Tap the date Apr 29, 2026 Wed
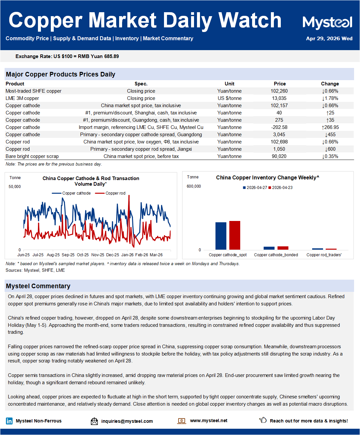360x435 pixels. pos(329,39)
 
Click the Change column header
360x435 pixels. pos(330,84)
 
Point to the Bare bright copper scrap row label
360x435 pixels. pos(32,156)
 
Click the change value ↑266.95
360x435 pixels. pos(330,127)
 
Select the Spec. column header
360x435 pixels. pos(141,84)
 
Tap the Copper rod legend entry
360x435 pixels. pos(110,193)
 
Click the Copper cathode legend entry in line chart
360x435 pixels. pos(71,193)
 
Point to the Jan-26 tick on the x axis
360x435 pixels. pos(127,255)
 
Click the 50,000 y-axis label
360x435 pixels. pos(15,186)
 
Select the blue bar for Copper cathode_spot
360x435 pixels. pos(221,236)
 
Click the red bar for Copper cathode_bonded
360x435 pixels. pos(283,248)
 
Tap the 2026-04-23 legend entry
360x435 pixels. pos(280,188)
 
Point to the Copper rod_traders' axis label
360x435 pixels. pos(324,255)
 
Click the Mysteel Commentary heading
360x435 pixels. pos(38,286)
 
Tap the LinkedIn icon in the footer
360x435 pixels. pos(9,421)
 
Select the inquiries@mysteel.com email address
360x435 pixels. pos(127,421)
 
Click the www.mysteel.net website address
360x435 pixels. pos(209,420)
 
